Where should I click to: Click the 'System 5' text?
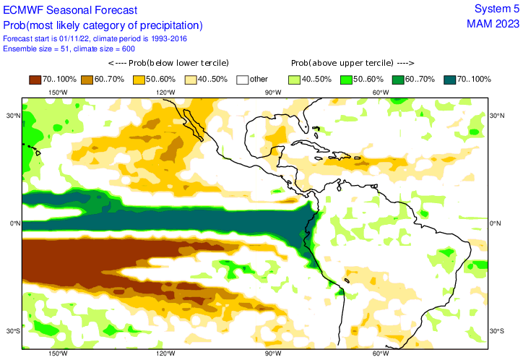click(496, 9)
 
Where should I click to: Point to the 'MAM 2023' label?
click(493, 24)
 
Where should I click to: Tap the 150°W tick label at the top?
click(58, 93)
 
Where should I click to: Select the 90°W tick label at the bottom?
click(272, 353)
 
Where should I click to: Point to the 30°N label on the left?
click(13, 116)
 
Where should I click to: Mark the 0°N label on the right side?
click(496, 223)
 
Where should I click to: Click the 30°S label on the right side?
click(496, 331)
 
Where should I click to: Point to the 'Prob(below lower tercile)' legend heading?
click(173, 63)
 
